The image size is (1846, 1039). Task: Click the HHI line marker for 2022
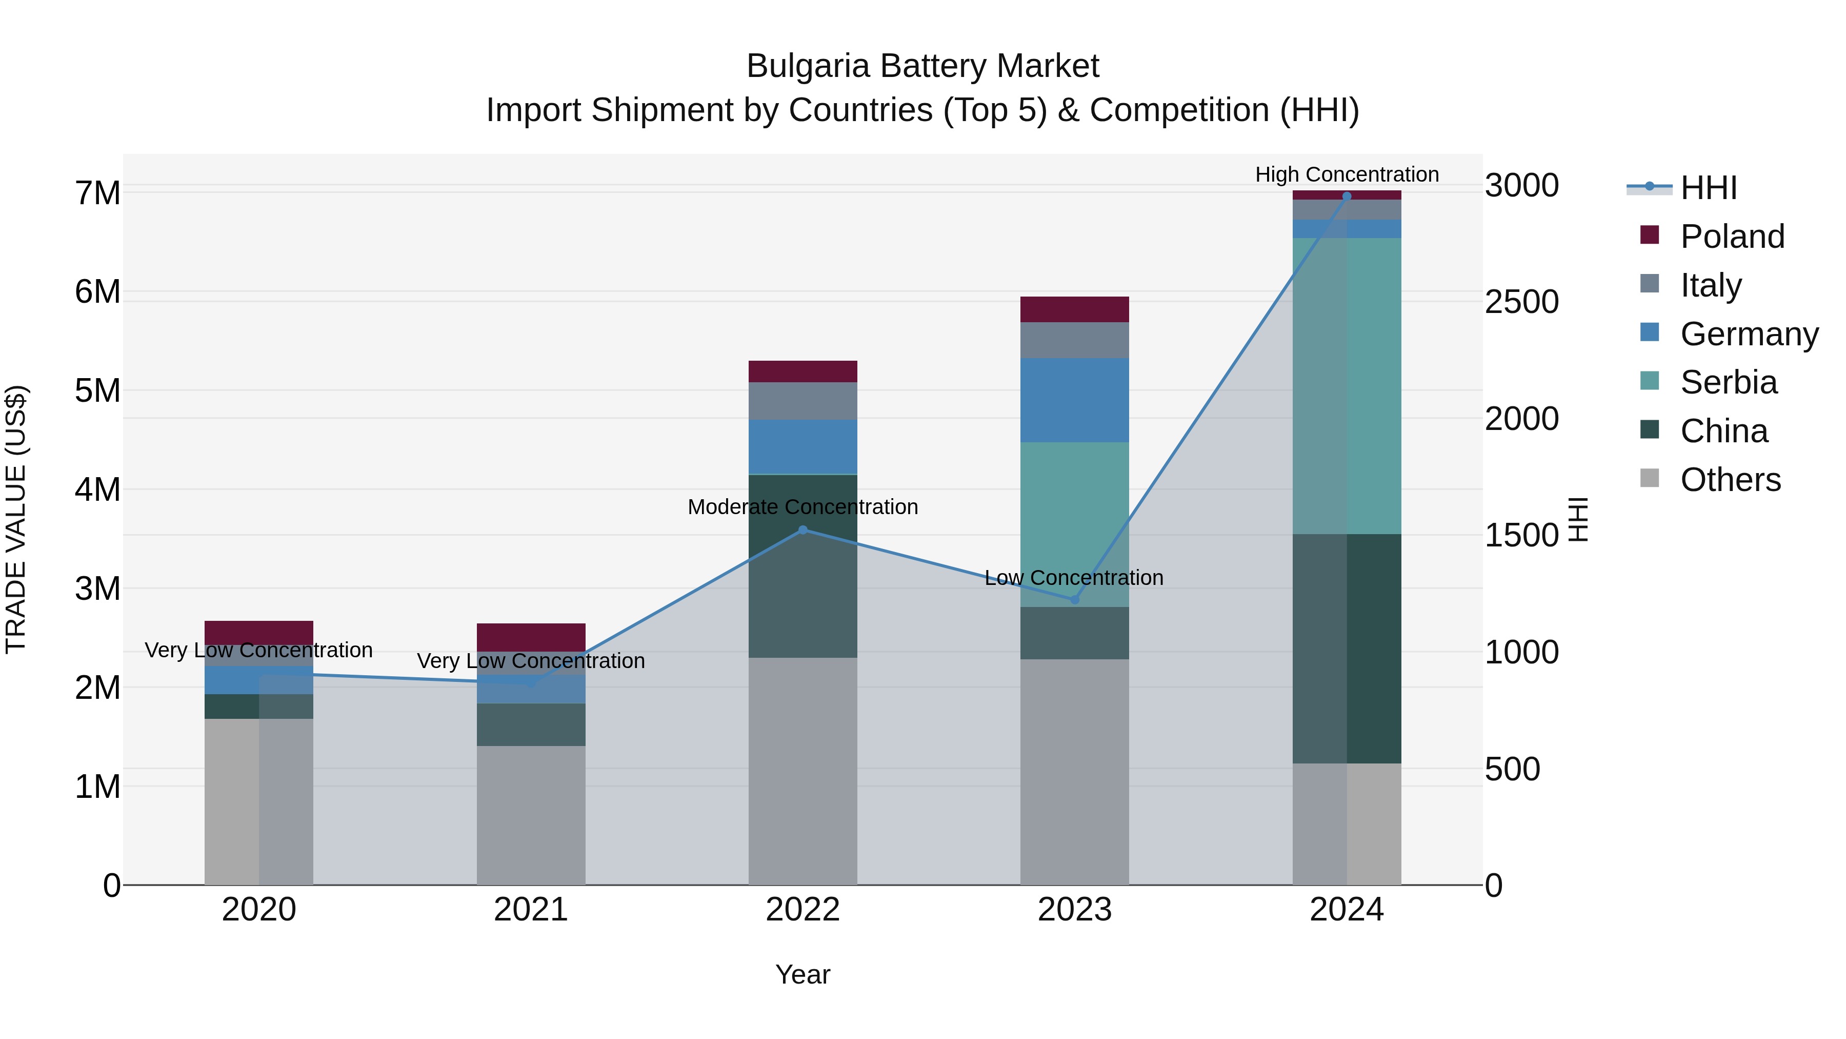click(x=802, y=530)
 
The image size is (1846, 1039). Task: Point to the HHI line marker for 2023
click(x=1074, y=599)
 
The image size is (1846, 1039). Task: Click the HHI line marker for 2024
click(x=1347, y=197)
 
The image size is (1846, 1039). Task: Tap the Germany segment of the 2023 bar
click(x=1074, y=400)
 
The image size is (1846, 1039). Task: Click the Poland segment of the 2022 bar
click(x=802, y=371)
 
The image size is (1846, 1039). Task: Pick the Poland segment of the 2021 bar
click(x=531, y=637)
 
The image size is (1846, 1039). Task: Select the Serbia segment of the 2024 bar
click(x=1347, y=386)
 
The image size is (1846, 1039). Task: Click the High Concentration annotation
click(x=1347, y=174)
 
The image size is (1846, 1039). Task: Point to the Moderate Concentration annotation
click(x=802, y=507)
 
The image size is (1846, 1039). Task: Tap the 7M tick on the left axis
click(x=97, y=193)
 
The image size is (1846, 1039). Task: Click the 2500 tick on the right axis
click(x=1521, y=302)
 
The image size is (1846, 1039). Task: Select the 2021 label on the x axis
click(x=531, y=910)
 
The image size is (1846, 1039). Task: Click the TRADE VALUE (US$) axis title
click(x=16, y=519)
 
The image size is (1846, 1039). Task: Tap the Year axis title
click(x=802, y=974)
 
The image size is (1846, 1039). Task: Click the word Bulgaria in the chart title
click(x=808, y=66)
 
